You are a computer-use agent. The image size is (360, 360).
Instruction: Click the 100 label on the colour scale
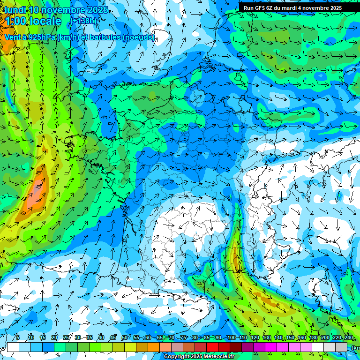click(232, 338)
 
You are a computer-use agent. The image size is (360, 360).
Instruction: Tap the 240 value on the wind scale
click(348, 338)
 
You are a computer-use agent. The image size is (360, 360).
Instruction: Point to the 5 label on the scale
click(17, 338)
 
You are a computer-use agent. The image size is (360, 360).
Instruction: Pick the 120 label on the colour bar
click(255, 338)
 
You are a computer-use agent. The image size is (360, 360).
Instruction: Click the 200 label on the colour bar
click(325, 338)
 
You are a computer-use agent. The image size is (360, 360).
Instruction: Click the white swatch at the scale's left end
click(13, 347)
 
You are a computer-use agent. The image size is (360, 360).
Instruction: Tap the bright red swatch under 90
click(212, 347)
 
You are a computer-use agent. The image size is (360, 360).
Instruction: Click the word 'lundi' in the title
click(15, 10)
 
